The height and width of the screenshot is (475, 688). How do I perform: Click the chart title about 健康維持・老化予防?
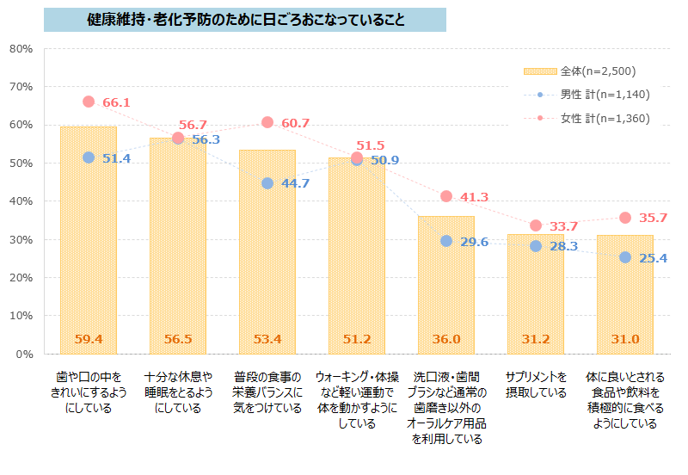click(x=245, y=19)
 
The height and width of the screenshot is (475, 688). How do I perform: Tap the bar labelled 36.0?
click(x=445, y=284)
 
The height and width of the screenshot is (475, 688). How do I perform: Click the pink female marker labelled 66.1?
click(x=89, y=102)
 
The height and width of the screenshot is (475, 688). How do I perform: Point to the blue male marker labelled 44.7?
click(x=267, y=183)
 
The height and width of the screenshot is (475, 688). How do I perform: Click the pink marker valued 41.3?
click(x=446, y=196)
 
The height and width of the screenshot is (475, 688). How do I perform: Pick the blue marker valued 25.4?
click(x=625, y=257)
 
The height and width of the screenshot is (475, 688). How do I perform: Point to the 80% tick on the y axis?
click(x=21, y=48)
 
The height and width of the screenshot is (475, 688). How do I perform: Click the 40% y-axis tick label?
click(x=21, y=201)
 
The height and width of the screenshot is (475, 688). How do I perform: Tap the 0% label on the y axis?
click(x=24, y=354)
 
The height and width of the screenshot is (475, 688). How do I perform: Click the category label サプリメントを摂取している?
click(x=536, y=385)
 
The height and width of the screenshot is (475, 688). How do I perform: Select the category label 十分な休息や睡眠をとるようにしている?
click(x=178, y=392)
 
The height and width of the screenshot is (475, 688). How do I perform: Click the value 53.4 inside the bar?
click(x=267, y=339)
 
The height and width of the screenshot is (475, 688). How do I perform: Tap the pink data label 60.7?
click(x=295, y=124)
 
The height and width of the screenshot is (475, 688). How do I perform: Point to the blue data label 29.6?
click(x=475, y=242)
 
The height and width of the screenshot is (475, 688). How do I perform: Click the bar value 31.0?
click(x=625, y=339)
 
